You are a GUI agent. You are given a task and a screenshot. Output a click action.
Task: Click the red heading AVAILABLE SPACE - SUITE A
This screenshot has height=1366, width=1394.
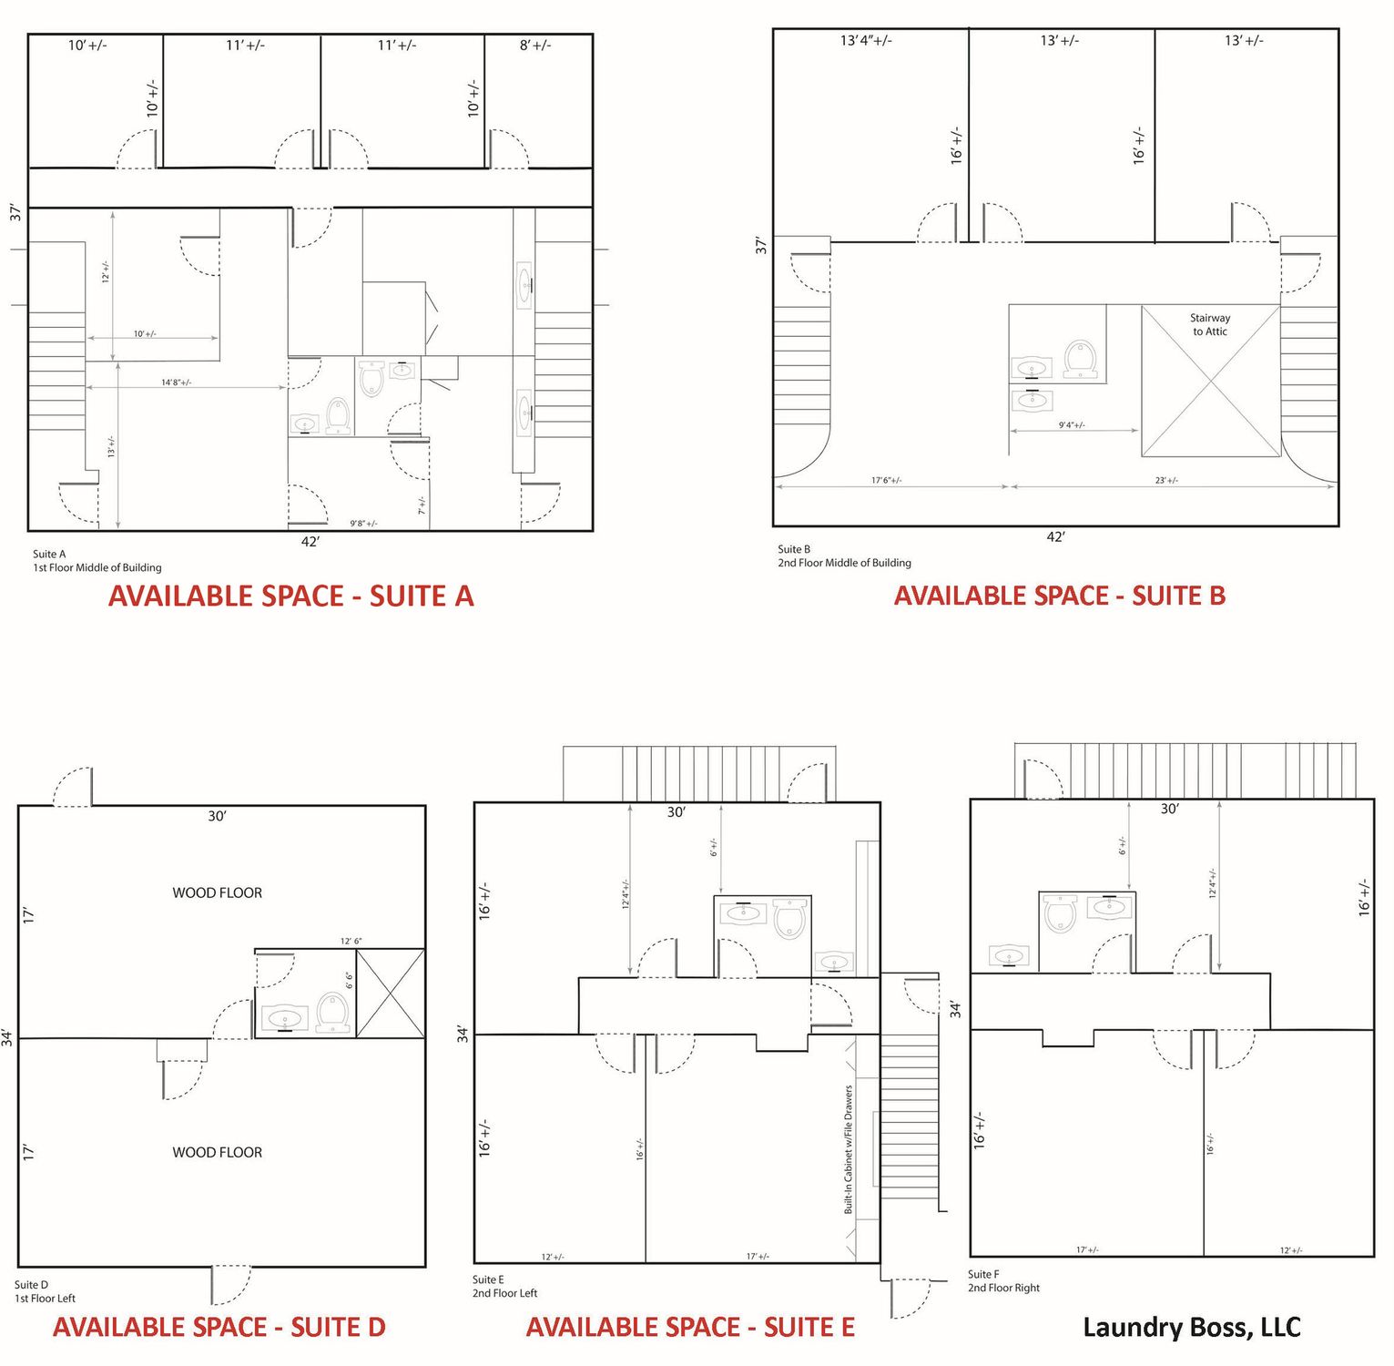[291, 596]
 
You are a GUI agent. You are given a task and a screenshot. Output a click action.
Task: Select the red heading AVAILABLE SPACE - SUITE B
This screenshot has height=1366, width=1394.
[1060, 596]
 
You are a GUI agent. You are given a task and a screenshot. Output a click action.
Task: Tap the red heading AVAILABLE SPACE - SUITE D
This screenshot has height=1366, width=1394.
[219, 1327]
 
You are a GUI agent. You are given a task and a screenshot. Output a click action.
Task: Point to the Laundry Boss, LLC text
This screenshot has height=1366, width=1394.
[1192, 1328]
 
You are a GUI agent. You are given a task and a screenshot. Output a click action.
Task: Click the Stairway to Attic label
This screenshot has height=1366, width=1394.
[1210, 324]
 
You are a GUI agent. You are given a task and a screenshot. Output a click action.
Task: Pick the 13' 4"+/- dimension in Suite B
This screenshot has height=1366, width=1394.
[866, 40]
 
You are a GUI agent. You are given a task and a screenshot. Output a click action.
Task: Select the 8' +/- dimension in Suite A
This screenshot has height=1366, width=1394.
[535, 45]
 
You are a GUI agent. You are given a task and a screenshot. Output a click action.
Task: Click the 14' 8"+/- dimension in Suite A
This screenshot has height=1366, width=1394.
[177, 382]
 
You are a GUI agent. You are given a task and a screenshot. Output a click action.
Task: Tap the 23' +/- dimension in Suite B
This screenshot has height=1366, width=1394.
[1166, 480]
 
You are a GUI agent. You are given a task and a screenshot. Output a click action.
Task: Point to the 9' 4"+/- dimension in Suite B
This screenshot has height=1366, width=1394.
[1072, 425]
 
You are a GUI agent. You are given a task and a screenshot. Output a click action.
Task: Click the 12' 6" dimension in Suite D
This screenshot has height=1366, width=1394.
[351, 941]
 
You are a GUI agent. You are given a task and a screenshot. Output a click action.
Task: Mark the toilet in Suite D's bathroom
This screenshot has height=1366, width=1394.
[332, 1012]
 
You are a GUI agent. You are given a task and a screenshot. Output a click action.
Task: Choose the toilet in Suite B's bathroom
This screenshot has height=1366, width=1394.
[1081, 359]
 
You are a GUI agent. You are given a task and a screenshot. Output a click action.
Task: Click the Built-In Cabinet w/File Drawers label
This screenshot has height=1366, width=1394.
[849, 1149]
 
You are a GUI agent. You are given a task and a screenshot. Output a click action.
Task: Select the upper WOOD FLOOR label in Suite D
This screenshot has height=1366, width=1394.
[218, 892]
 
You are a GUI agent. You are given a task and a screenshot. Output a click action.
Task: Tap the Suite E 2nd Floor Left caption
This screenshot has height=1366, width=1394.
[504, 1286]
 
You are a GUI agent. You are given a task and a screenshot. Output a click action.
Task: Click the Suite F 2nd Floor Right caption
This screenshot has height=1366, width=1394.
[1003, 1280]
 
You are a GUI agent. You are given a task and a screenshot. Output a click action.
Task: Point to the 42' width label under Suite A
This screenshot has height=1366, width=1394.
[310, 542]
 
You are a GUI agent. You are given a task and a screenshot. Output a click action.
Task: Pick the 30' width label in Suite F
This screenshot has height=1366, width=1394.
[1170, 809]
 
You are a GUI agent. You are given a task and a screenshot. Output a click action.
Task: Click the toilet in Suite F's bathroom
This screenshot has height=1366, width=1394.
[1061, 913]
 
